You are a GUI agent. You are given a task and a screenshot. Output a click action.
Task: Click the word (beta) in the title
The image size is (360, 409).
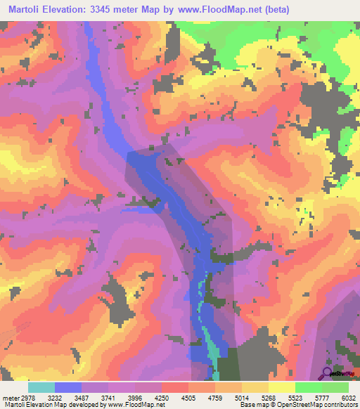point(271,8)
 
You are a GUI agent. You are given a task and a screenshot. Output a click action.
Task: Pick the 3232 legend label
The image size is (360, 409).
point(66,397)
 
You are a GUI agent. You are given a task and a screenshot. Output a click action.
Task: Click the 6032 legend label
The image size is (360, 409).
point(349,397)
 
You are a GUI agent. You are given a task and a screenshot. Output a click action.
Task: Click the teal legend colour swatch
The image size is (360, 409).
point(41,387)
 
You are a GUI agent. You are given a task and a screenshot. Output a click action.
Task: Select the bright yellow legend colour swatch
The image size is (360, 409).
point(282,387)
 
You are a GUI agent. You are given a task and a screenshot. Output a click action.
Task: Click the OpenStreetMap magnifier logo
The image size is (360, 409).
point(328,372)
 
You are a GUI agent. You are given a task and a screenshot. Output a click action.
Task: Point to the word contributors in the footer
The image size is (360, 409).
point(340,405)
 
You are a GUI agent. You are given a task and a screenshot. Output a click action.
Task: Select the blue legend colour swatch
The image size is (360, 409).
point(68,387)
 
